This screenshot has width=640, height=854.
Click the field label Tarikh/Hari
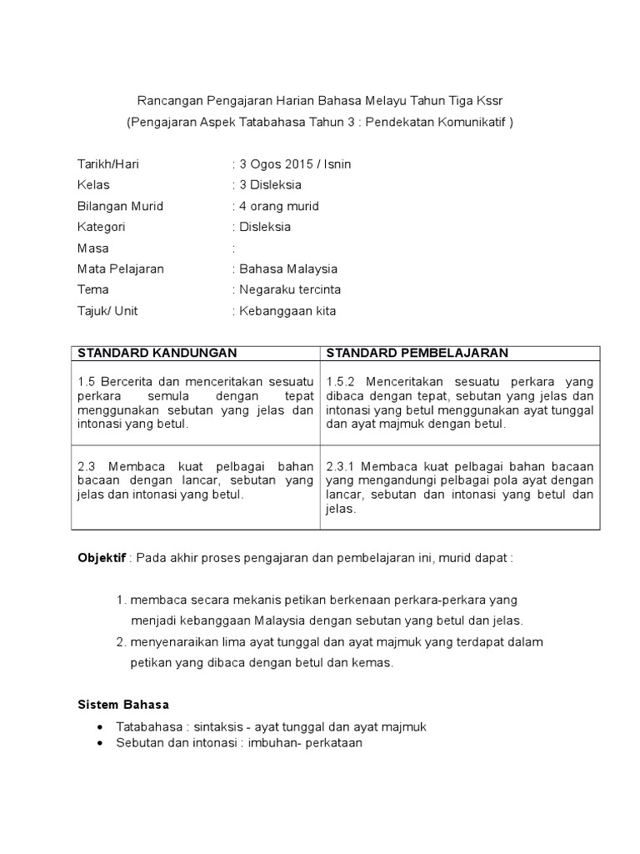pyautogui.click(x=107, y=164)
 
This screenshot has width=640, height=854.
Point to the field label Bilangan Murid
pyautogui.click(x=120, y=206)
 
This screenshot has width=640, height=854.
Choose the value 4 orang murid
pyautogui.click(x=278, y=206)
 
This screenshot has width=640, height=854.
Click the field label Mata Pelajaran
pyautogui.click(x=120, y=269)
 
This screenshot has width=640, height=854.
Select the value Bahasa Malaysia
pyautogui.click(x=288, y=269)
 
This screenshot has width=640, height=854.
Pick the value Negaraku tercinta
pyautogui.click(x=290, y=289)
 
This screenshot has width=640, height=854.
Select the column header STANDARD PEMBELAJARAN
pyautogui.click(x=417, y=354)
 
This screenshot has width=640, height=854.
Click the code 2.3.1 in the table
pyautogui.click(x=342, y=465)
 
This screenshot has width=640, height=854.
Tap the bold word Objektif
pyautogui.click(x=101, y=557)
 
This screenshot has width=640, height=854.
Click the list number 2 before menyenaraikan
pyautogui.click(x=121, y=641)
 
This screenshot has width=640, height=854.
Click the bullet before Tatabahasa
pyautogui.click(x=101, y=727)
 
